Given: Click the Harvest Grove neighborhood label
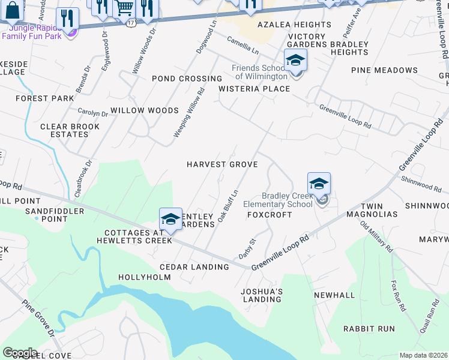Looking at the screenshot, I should click(x=222, y=164).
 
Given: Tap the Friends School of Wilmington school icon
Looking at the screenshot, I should click(x=295, y=61).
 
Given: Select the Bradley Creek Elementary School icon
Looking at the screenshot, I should click(x=319, y=185).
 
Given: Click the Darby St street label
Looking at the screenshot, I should click(x=247, y=248).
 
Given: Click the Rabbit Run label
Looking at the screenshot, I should click(x=369, y=329).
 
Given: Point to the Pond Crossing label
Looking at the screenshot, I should click(x=187, y=79).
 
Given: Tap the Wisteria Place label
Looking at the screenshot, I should click(x=254, y=89).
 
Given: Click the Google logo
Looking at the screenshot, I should click(x=20, y=353).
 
